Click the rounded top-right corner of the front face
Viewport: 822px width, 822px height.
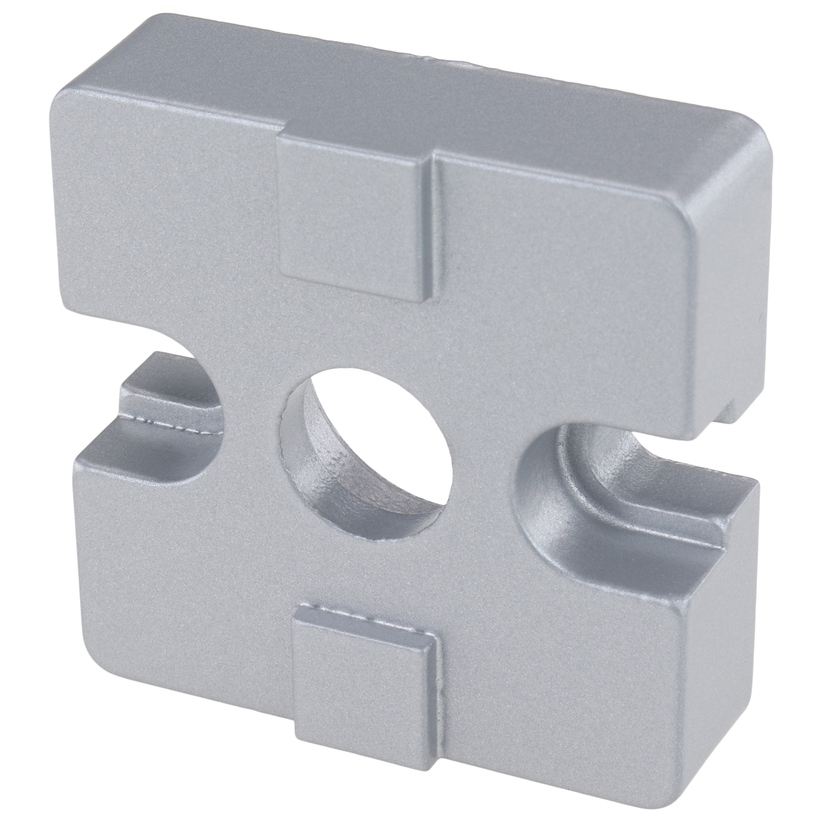[681, 221]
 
